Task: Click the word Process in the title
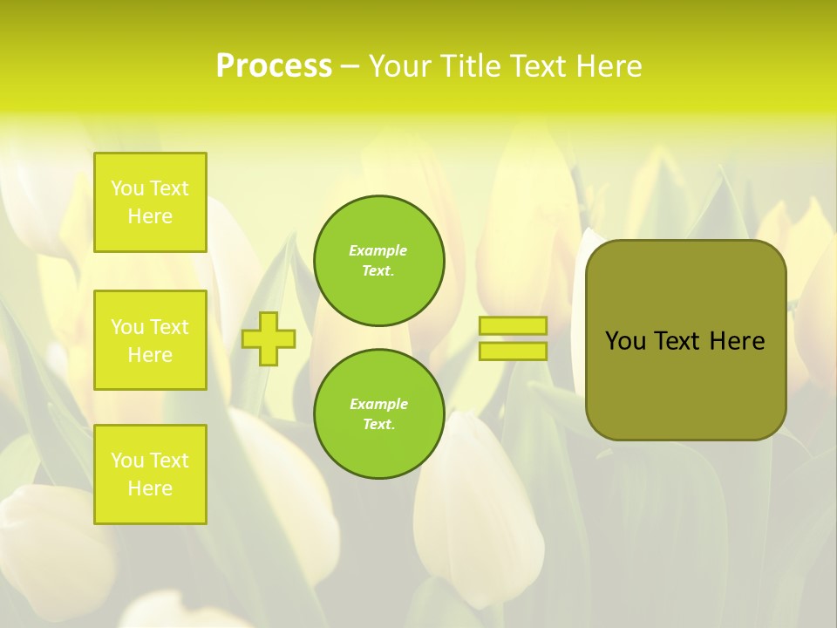click(x=274, y=66)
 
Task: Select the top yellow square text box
click(x=150, y=202)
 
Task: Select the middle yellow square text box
click(x=150, y=340)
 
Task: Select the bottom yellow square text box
click(x=150, y=474)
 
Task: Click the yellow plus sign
click(x=269, y=338)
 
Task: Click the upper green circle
click(x=378, y=260)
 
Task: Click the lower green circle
click(x=378, y=413)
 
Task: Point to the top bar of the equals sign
click(x=513, y=325)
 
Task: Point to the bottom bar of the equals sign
click(x=513, y=351)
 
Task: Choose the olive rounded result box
click(x=685, y=384)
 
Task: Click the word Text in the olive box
click(x=683, y=341)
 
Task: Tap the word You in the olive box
click(x=624, y=341)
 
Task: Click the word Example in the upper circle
click(x=378, y=250)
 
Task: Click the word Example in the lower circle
click(x=378, y=404)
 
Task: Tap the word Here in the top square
click(x=150, y=216)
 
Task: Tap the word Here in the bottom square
click(x=150, y=488)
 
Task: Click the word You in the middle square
click(x=127, y=327)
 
